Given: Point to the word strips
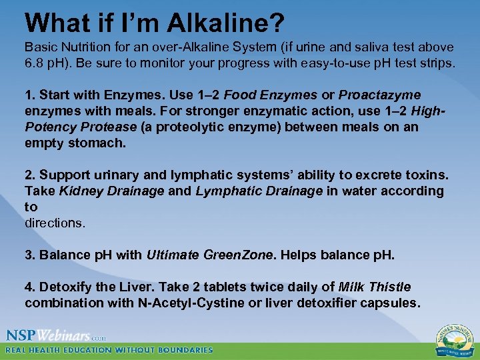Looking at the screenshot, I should tap(434, 63).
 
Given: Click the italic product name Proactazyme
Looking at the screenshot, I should tap(379, 95).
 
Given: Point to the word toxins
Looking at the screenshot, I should tap(425, 175).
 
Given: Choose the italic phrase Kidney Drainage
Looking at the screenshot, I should tap(112, 191).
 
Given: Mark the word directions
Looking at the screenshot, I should tap(55, 223).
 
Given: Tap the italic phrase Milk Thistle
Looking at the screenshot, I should tap(375, 287).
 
